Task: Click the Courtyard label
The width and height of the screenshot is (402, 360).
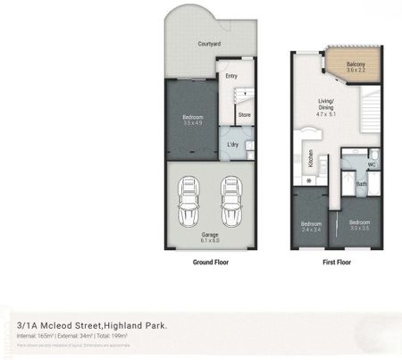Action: pyautogui.click(x=210, y=44)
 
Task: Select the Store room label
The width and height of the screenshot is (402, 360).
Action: pyautogui.click(x=244, y=114)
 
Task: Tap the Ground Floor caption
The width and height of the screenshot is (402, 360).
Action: pyautogui.click(x=210, y=264)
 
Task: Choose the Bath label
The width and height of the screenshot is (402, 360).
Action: pyautogui.click(x=361, y=185)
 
